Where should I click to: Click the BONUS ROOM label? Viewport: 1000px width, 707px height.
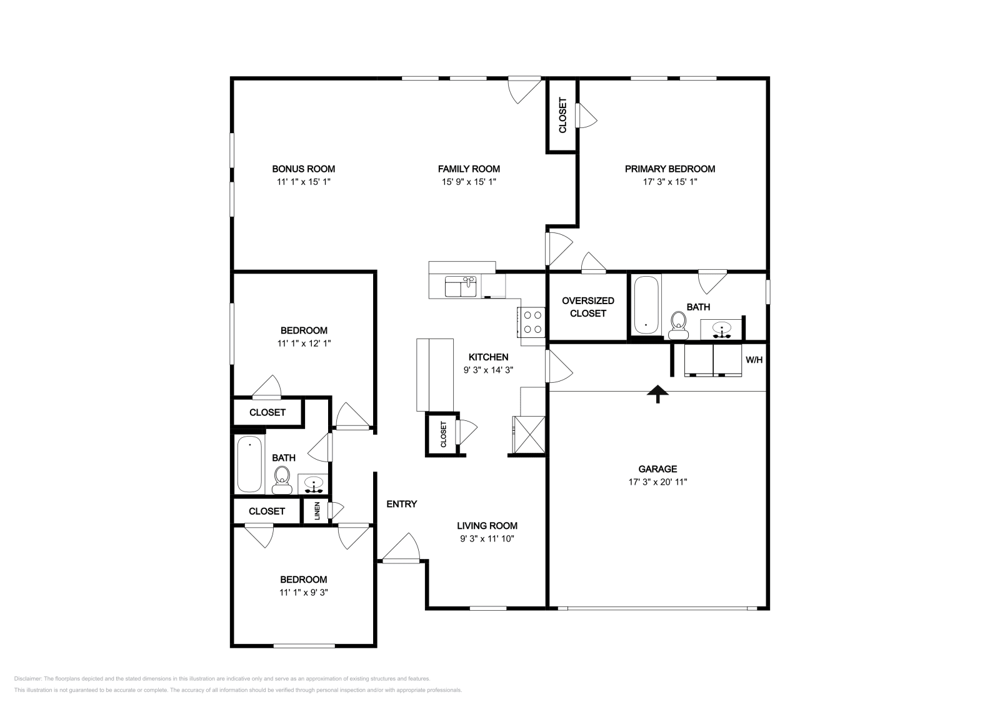303,169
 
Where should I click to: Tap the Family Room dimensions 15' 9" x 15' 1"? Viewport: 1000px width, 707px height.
469,182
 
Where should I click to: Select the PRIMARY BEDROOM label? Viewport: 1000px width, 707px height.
669,169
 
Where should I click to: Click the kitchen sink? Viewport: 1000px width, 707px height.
461,287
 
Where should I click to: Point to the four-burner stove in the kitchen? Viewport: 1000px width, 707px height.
532,322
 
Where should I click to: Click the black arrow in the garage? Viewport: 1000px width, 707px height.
657,394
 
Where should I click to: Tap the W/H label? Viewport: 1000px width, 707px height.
754,360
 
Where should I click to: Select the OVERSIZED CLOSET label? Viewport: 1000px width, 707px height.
587,307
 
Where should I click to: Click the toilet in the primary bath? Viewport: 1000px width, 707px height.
677,324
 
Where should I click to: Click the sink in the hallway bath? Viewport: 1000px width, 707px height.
314,484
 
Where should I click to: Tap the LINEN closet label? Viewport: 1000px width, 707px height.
317,511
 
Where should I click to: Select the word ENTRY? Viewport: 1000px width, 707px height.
401,504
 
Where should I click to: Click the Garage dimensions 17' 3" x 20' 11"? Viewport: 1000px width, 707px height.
657,482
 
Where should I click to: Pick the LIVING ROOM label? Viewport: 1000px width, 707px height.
487,526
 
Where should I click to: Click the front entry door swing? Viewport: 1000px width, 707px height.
401,550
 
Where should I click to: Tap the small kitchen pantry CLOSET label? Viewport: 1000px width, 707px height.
444,434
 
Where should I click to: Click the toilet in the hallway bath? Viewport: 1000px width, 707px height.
282,479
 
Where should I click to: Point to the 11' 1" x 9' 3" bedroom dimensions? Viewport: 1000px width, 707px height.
303,592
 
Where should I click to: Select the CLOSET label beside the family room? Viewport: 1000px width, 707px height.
562,115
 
